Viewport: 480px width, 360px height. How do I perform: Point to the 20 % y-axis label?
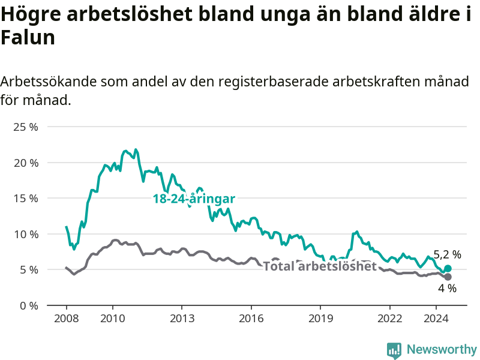pyautogui.click(x=26, y=163)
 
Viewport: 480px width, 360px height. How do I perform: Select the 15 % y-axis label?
pyautogui.click(x=26, y=199)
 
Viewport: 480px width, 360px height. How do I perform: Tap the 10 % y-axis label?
pyautogui.click(x=26, y=234)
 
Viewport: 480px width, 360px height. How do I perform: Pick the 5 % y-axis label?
pyautogui.click(x=29, y=269)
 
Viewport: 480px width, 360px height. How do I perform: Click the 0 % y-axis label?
pyautogui.click(x=29, y=305)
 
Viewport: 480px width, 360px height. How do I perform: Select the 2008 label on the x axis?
pyautogui.click(x=67, y=319)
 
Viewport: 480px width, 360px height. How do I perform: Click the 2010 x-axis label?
pyautogui.click(x=113, y=319)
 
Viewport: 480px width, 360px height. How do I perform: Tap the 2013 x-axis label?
pyautogui.click(x=182, y=319)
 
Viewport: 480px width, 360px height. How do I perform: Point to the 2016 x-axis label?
pyautogui.click(x=251, y=319)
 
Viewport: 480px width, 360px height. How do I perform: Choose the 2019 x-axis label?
pyautogui.click(x=320, y=319)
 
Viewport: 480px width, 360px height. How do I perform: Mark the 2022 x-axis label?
pyautogui.click(x=389, y=319)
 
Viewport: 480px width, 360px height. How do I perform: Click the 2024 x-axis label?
pyautogui.click(x=436, y=319)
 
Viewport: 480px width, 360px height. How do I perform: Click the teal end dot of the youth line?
pyautogui.click(x=448, y=268)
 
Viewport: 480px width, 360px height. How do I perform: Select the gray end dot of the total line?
pyautogui.click(x=448, y=277)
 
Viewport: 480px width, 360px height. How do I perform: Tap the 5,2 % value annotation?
pyautogui.click(x=447, y=254)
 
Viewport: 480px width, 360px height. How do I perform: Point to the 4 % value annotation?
pyautogui.click(x=447, y=288)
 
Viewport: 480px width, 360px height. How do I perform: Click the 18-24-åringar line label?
pyautogui.click(x=194, y=199)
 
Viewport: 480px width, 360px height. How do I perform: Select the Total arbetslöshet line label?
pyautogui.click(x=320, y=266)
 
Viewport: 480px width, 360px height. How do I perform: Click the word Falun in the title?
pyautogui.click(x=28, y=37)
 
